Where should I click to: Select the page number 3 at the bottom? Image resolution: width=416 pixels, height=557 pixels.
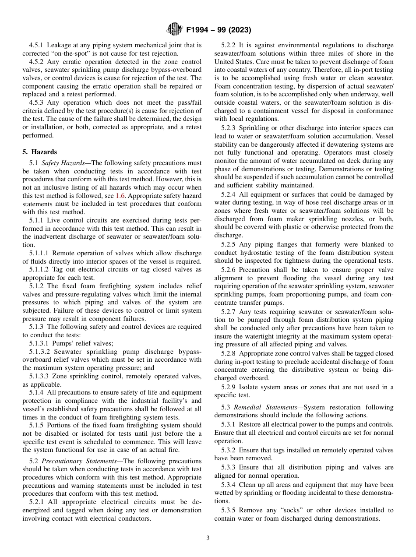tap(208, 538)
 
